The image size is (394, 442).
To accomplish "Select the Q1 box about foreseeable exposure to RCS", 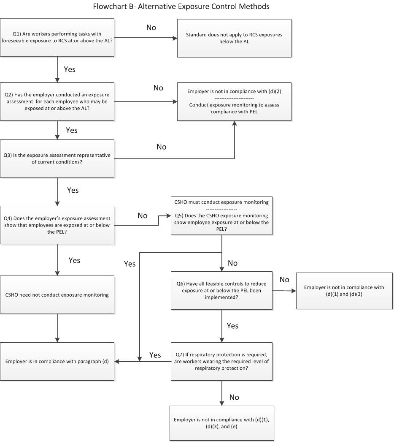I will [x=57, y=38].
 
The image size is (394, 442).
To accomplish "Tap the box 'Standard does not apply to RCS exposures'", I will [x=234, y=38].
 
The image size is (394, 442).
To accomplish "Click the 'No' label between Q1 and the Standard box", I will [x=151, y=27].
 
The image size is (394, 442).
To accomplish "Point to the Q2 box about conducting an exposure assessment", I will [x=57, y=101].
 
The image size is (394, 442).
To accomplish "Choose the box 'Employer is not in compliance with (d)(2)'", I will [x=234, y=101].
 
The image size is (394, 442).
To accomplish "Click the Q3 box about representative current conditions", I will [x=57, y=158].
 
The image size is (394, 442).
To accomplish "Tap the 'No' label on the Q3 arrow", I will [x=162, y=147].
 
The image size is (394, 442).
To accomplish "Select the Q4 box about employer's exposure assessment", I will [x=57, y=225].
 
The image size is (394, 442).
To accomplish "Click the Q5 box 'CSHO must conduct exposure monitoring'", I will [x=221, y=216].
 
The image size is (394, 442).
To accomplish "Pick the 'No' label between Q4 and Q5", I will [x=143, y=216].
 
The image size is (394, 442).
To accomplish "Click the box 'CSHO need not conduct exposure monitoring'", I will [x=57, y=295].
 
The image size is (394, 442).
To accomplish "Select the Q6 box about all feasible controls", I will [x=221, y=290].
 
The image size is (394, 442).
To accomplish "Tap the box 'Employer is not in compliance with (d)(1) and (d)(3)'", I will [x=344, y=290].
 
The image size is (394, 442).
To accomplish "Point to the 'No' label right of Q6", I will [x=284, y=280].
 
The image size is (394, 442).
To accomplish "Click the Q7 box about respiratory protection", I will [x=221, y=361].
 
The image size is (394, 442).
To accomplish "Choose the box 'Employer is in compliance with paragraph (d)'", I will [x=57, y=361].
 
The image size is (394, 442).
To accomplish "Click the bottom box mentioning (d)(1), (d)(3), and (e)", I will [x=221, y=423].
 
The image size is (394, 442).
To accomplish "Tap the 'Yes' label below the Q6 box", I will [x=232, y=326].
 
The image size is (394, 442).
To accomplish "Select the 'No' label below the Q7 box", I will [x=234, y=397].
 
